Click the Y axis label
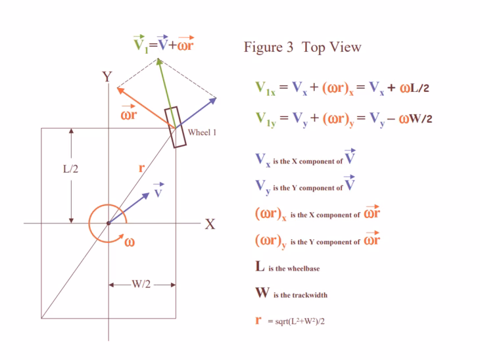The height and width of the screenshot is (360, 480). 107,76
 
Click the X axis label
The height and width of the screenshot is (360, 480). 210,224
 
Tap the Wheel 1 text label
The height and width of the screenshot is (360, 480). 202,133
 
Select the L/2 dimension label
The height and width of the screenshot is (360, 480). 71,169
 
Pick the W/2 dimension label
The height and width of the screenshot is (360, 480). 141,284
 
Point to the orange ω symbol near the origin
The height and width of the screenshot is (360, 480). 130,242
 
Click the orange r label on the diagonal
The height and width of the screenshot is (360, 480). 141,168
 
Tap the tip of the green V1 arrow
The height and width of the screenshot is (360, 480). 158,58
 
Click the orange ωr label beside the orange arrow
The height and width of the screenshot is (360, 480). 129,113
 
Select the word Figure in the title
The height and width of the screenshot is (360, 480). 263,48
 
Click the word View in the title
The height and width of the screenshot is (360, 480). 347,47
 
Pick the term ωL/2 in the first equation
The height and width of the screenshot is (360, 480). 414,88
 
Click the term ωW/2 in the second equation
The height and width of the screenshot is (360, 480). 416,119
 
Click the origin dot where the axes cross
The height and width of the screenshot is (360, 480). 108,223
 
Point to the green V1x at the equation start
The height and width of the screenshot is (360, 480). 265,88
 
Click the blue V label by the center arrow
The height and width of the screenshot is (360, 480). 158,191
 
